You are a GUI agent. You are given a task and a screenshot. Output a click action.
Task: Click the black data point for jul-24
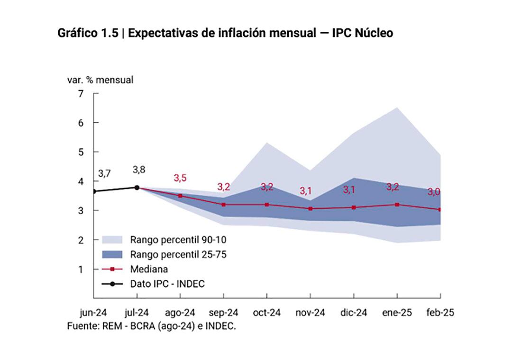point(137,188)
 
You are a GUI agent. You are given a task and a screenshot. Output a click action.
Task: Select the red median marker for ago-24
point(180,196)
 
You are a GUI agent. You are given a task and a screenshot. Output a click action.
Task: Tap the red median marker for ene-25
point(397,205)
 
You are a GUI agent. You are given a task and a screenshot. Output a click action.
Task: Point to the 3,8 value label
point(139,170)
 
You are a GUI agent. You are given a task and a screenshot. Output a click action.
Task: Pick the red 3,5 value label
point(180,178)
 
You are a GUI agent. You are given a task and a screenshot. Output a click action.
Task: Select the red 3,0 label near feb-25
point(434,192)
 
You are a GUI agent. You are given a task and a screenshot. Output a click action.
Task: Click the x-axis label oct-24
point(267,313)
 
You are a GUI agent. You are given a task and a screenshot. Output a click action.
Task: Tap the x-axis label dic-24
point(354,313)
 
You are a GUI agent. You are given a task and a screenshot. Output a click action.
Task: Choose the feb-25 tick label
point(441,313)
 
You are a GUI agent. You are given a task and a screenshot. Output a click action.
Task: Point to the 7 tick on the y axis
point(81,93)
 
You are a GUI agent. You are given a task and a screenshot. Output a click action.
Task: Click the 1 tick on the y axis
point(81,269)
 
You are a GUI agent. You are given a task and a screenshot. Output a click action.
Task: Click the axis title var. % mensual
point(100,80)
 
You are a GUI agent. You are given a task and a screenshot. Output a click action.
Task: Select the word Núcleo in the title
point(374,34)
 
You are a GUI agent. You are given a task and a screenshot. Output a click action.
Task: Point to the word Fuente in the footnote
point(81,326)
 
